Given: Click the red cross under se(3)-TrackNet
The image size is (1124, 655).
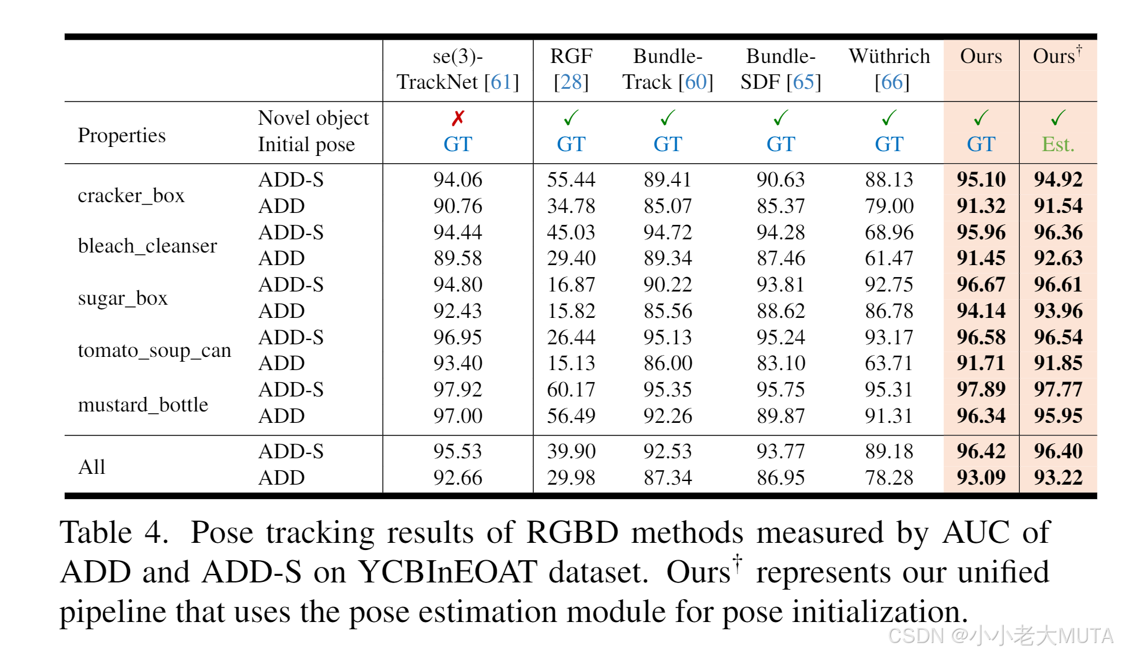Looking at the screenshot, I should (458, 118).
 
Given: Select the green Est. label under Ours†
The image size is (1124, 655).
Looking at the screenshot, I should (1057, 145).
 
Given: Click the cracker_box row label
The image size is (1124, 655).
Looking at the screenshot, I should (131, 196).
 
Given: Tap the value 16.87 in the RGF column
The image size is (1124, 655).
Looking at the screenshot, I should (571, 284).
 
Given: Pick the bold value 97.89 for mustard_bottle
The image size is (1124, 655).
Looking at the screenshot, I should (981, 389).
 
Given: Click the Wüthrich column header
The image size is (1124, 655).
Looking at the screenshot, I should (889, 56).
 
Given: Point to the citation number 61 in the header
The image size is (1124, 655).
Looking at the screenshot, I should (501, 82).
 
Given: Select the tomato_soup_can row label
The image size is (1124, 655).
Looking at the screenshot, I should (154, 350).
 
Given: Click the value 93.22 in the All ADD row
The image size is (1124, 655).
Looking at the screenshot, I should (1057, 477).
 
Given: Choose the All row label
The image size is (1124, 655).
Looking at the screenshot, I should (92, 467).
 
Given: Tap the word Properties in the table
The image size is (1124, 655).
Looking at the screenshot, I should (122, 136).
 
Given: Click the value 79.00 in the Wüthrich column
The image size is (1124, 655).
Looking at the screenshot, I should (889, 206).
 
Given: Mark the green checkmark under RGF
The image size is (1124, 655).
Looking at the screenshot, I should (571, 118).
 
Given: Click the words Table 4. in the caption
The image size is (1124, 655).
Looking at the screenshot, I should (114, 533).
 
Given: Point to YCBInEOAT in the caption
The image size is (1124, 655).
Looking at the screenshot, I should (447, 572).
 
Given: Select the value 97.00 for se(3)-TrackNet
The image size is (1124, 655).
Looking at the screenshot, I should (458, 416).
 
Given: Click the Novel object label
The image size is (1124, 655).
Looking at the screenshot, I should (313, 118).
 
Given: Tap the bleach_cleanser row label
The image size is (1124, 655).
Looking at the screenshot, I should (147, 246).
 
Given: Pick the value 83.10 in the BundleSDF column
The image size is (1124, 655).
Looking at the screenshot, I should (780, 363).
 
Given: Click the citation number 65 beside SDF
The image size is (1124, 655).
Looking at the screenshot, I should (804, 82).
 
